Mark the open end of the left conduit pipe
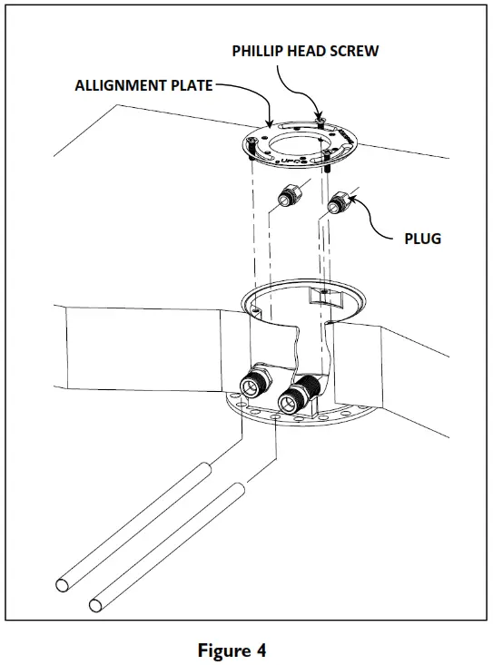tap(64, 583)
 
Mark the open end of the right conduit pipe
tap(95, 603)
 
